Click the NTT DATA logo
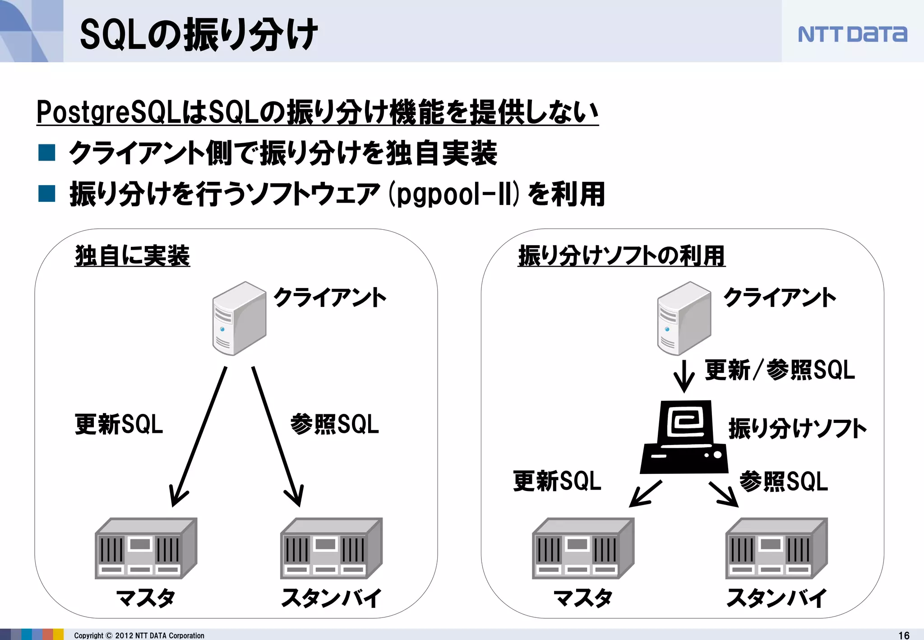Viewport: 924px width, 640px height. (x=852, y=34)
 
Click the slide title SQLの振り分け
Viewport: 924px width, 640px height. (x=199, y=34)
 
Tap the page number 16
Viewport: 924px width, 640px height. (x=904, y=635)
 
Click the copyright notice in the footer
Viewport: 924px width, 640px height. (x=139, y=635)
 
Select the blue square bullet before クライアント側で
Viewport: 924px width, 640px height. (x=47, y=153)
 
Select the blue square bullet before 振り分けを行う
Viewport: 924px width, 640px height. (x=47, y=193)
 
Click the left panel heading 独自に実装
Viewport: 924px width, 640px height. (x=132, y=255)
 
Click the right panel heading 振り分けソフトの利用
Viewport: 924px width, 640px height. (x=621, y=255)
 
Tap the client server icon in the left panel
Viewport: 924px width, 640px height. (x=239, y=318)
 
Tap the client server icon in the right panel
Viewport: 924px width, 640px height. (x=684, y=318)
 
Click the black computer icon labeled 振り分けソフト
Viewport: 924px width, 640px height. (x=684, y=437)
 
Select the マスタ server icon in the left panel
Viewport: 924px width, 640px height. (x=146, y=548)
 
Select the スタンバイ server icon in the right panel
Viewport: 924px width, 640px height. (x=776, y=548)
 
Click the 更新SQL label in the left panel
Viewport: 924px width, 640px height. (x=119, y=424)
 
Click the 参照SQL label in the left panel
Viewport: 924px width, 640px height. (x=334, y=424)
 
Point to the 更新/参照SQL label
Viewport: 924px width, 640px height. (x=780, y=370)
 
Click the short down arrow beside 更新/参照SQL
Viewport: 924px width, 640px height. (x=684, y=376)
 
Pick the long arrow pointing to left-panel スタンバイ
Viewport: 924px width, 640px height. (x=276, y=436)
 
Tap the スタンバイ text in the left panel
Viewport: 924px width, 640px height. (x=331, y=598)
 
